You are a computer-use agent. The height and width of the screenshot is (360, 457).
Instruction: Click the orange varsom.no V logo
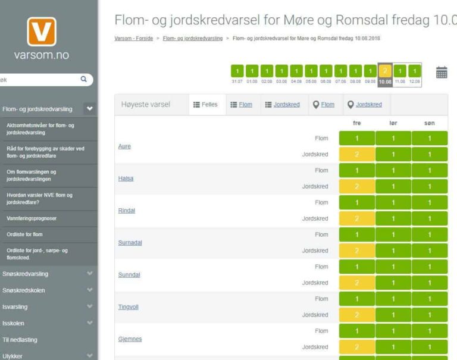42,32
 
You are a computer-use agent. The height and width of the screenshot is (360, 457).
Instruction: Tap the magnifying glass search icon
83,78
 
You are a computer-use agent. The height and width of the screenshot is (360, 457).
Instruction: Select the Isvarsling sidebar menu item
15,306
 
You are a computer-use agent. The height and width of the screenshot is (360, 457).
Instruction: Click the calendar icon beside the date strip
442,73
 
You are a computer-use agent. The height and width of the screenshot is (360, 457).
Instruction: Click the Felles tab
206,105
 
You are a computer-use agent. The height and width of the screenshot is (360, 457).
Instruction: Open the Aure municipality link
124,146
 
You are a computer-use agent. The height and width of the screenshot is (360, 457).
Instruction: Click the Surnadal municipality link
130,243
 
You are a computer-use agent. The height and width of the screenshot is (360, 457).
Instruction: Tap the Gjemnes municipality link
130,339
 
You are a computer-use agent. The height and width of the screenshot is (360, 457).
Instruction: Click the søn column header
429,123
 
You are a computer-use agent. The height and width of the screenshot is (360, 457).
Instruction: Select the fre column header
357,123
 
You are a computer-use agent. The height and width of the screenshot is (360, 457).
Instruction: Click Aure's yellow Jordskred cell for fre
357,154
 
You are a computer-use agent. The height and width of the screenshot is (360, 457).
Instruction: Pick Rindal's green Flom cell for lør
393,202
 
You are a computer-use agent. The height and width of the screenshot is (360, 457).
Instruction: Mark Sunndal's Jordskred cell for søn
430,283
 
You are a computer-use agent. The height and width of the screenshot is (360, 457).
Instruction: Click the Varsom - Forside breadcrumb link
133,38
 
